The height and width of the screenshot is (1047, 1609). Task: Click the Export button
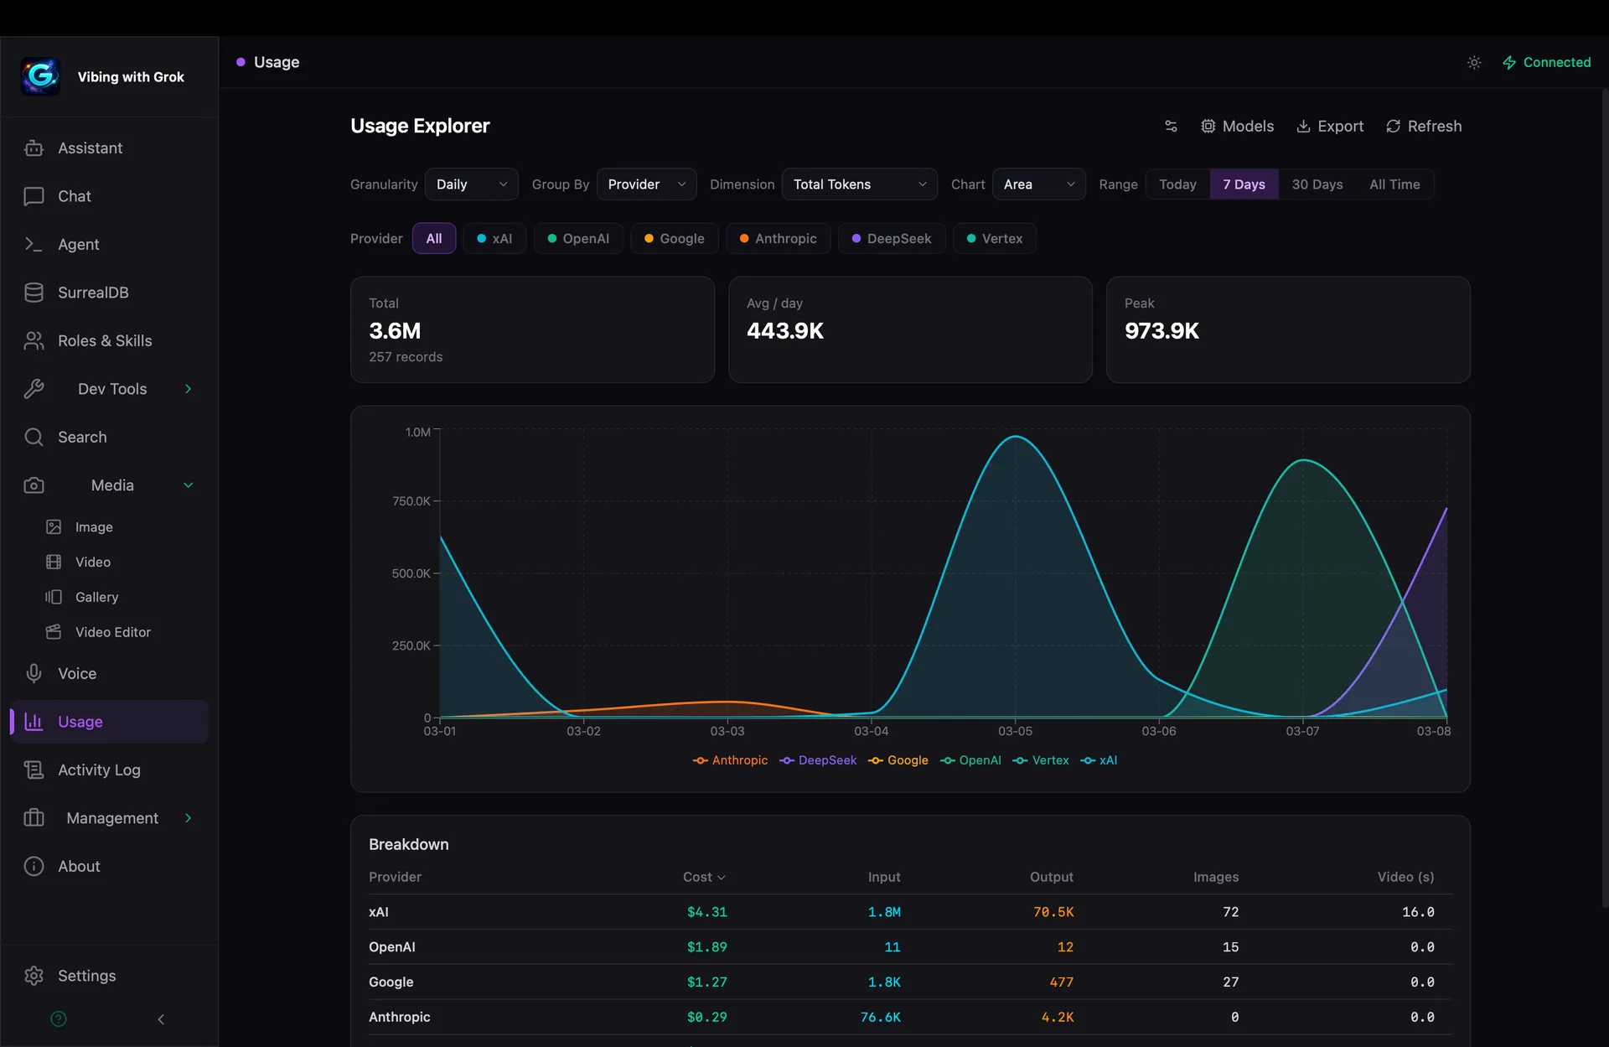1330,126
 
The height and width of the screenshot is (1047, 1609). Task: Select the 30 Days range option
1317,184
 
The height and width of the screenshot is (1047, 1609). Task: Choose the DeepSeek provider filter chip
891,239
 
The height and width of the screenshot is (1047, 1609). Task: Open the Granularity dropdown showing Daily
471,184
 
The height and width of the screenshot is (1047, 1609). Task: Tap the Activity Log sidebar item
99,770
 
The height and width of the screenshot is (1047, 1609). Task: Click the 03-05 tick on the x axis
1015,731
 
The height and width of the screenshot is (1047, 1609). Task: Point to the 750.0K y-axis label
411,501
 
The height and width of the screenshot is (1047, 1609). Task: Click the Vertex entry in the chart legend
1042,760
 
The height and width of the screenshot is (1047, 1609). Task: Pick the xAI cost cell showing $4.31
706,912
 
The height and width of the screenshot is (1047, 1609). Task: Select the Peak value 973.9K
1161,331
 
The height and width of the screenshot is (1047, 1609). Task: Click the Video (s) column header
1405,877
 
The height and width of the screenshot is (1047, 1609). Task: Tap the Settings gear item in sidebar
86,976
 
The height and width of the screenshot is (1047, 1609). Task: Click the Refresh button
1424,126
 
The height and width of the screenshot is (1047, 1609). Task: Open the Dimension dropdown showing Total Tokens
859,184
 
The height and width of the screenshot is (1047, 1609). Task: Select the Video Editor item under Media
112,632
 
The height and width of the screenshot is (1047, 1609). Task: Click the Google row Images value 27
1230,982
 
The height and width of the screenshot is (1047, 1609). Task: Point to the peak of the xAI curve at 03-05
1015,436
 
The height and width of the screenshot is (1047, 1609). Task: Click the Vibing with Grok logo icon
40,76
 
